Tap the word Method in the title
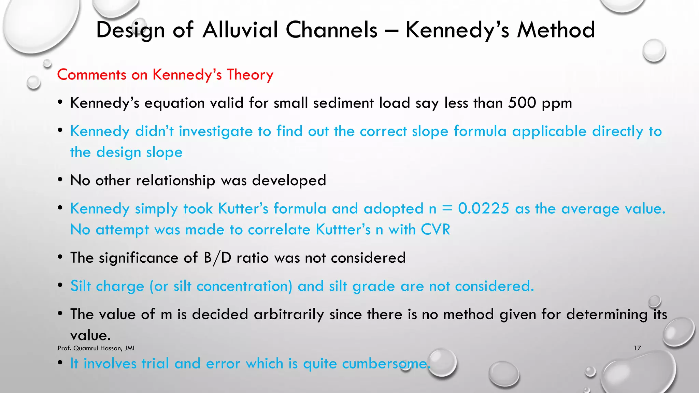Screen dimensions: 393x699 (x=556, y=30)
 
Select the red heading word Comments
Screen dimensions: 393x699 (x=91, y=75)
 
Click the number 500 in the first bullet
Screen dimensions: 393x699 (x=522, y=103)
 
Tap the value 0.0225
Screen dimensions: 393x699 (x=484, y=208)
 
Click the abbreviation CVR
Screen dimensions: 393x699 (x=436, y=230)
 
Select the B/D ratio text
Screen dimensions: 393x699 (x=217, y=258)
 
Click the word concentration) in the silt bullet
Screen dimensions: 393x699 (x=244, y=286)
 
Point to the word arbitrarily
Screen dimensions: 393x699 (x=289, y=314)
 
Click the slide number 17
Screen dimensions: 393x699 (x=637, y=348)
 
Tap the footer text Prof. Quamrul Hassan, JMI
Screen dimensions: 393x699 (x=96, y=348)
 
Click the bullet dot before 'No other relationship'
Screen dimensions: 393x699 (x=60, y=180)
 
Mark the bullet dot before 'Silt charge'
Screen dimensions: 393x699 (x=60, y=286)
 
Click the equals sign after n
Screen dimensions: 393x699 (x=447, y=208)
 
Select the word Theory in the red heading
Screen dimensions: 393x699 (x=250, y=75)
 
